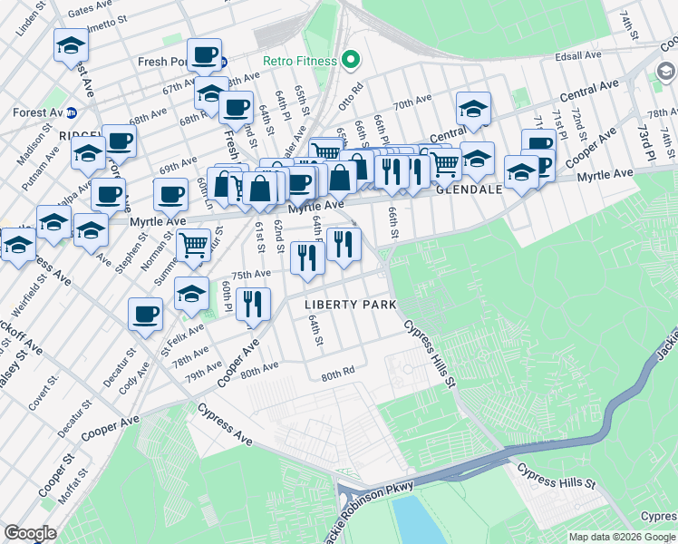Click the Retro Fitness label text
tap(299, 62)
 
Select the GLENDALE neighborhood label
tap(469, 190)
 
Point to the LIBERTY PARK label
tap(350, 305)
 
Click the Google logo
tap(30, 533)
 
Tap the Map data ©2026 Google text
tap(622, 537)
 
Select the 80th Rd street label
tap(336, 374)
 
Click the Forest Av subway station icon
tap(73, 112)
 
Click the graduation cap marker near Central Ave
tap(472, 109)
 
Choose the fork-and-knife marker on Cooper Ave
tap(253, 304)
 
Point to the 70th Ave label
tap(412, 101)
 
